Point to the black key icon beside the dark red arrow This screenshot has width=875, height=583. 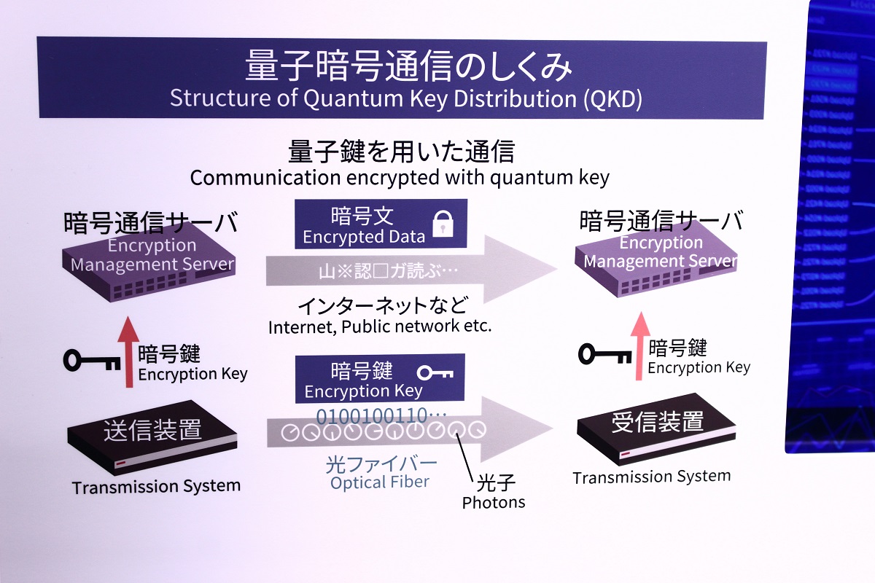pos(92,359)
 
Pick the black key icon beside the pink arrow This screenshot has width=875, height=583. pos(605,354)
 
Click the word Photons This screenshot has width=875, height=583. pos(493,502)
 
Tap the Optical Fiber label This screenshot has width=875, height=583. pos(379,482)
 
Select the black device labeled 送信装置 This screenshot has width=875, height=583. pos(152,436)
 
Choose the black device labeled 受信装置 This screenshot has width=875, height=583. pos(656,426)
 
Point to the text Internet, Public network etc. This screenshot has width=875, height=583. pos(380,326)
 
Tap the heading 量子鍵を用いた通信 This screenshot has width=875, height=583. pos(401,152)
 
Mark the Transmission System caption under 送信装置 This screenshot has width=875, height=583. pos(156,486)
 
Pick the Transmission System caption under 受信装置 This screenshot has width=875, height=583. pos(651,477)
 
